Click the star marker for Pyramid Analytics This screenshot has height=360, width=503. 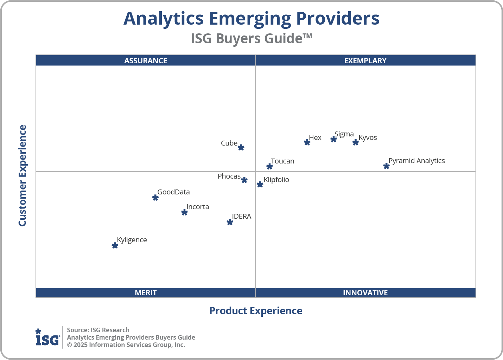386,166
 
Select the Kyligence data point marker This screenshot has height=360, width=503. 115,245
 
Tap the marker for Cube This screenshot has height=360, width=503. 241,147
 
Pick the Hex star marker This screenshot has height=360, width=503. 307,142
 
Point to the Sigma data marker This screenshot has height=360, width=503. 333,139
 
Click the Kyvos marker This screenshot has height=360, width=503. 356,142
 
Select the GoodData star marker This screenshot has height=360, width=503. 155,198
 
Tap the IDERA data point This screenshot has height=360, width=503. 230,222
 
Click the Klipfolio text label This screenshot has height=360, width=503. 276,180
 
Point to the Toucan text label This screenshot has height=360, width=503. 282,161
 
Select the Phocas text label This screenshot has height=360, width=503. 229,176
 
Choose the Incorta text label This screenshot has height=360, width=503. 198,207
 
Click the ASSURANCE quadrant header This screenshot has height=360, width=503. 146,60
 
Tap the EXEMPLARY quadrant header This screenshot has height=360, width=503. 365,60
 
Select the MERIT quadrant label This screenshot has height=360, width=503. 146,292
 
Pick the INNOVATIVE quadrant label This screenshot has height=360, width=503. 365,292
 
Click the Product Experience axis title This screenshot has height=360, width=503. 256,311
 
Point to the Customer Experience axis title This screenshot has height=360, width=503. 23,176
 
